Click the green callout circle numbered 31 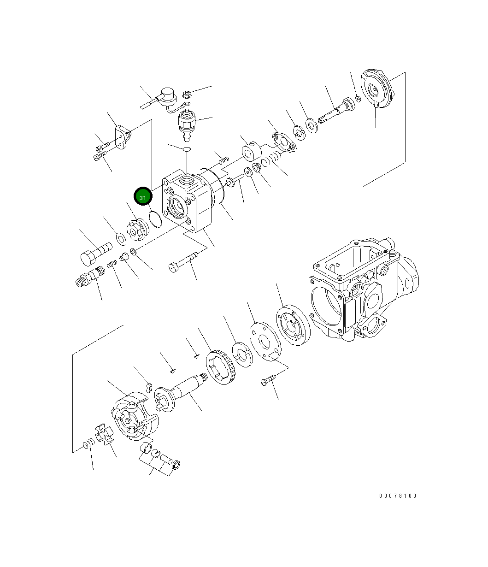pos(143,197)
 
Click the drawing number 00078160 pos(398,496)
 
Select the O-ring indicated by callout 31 pos(155,219)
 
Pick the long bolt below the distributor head pos(187,260)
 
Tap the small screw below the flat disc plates pos(267,380)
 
